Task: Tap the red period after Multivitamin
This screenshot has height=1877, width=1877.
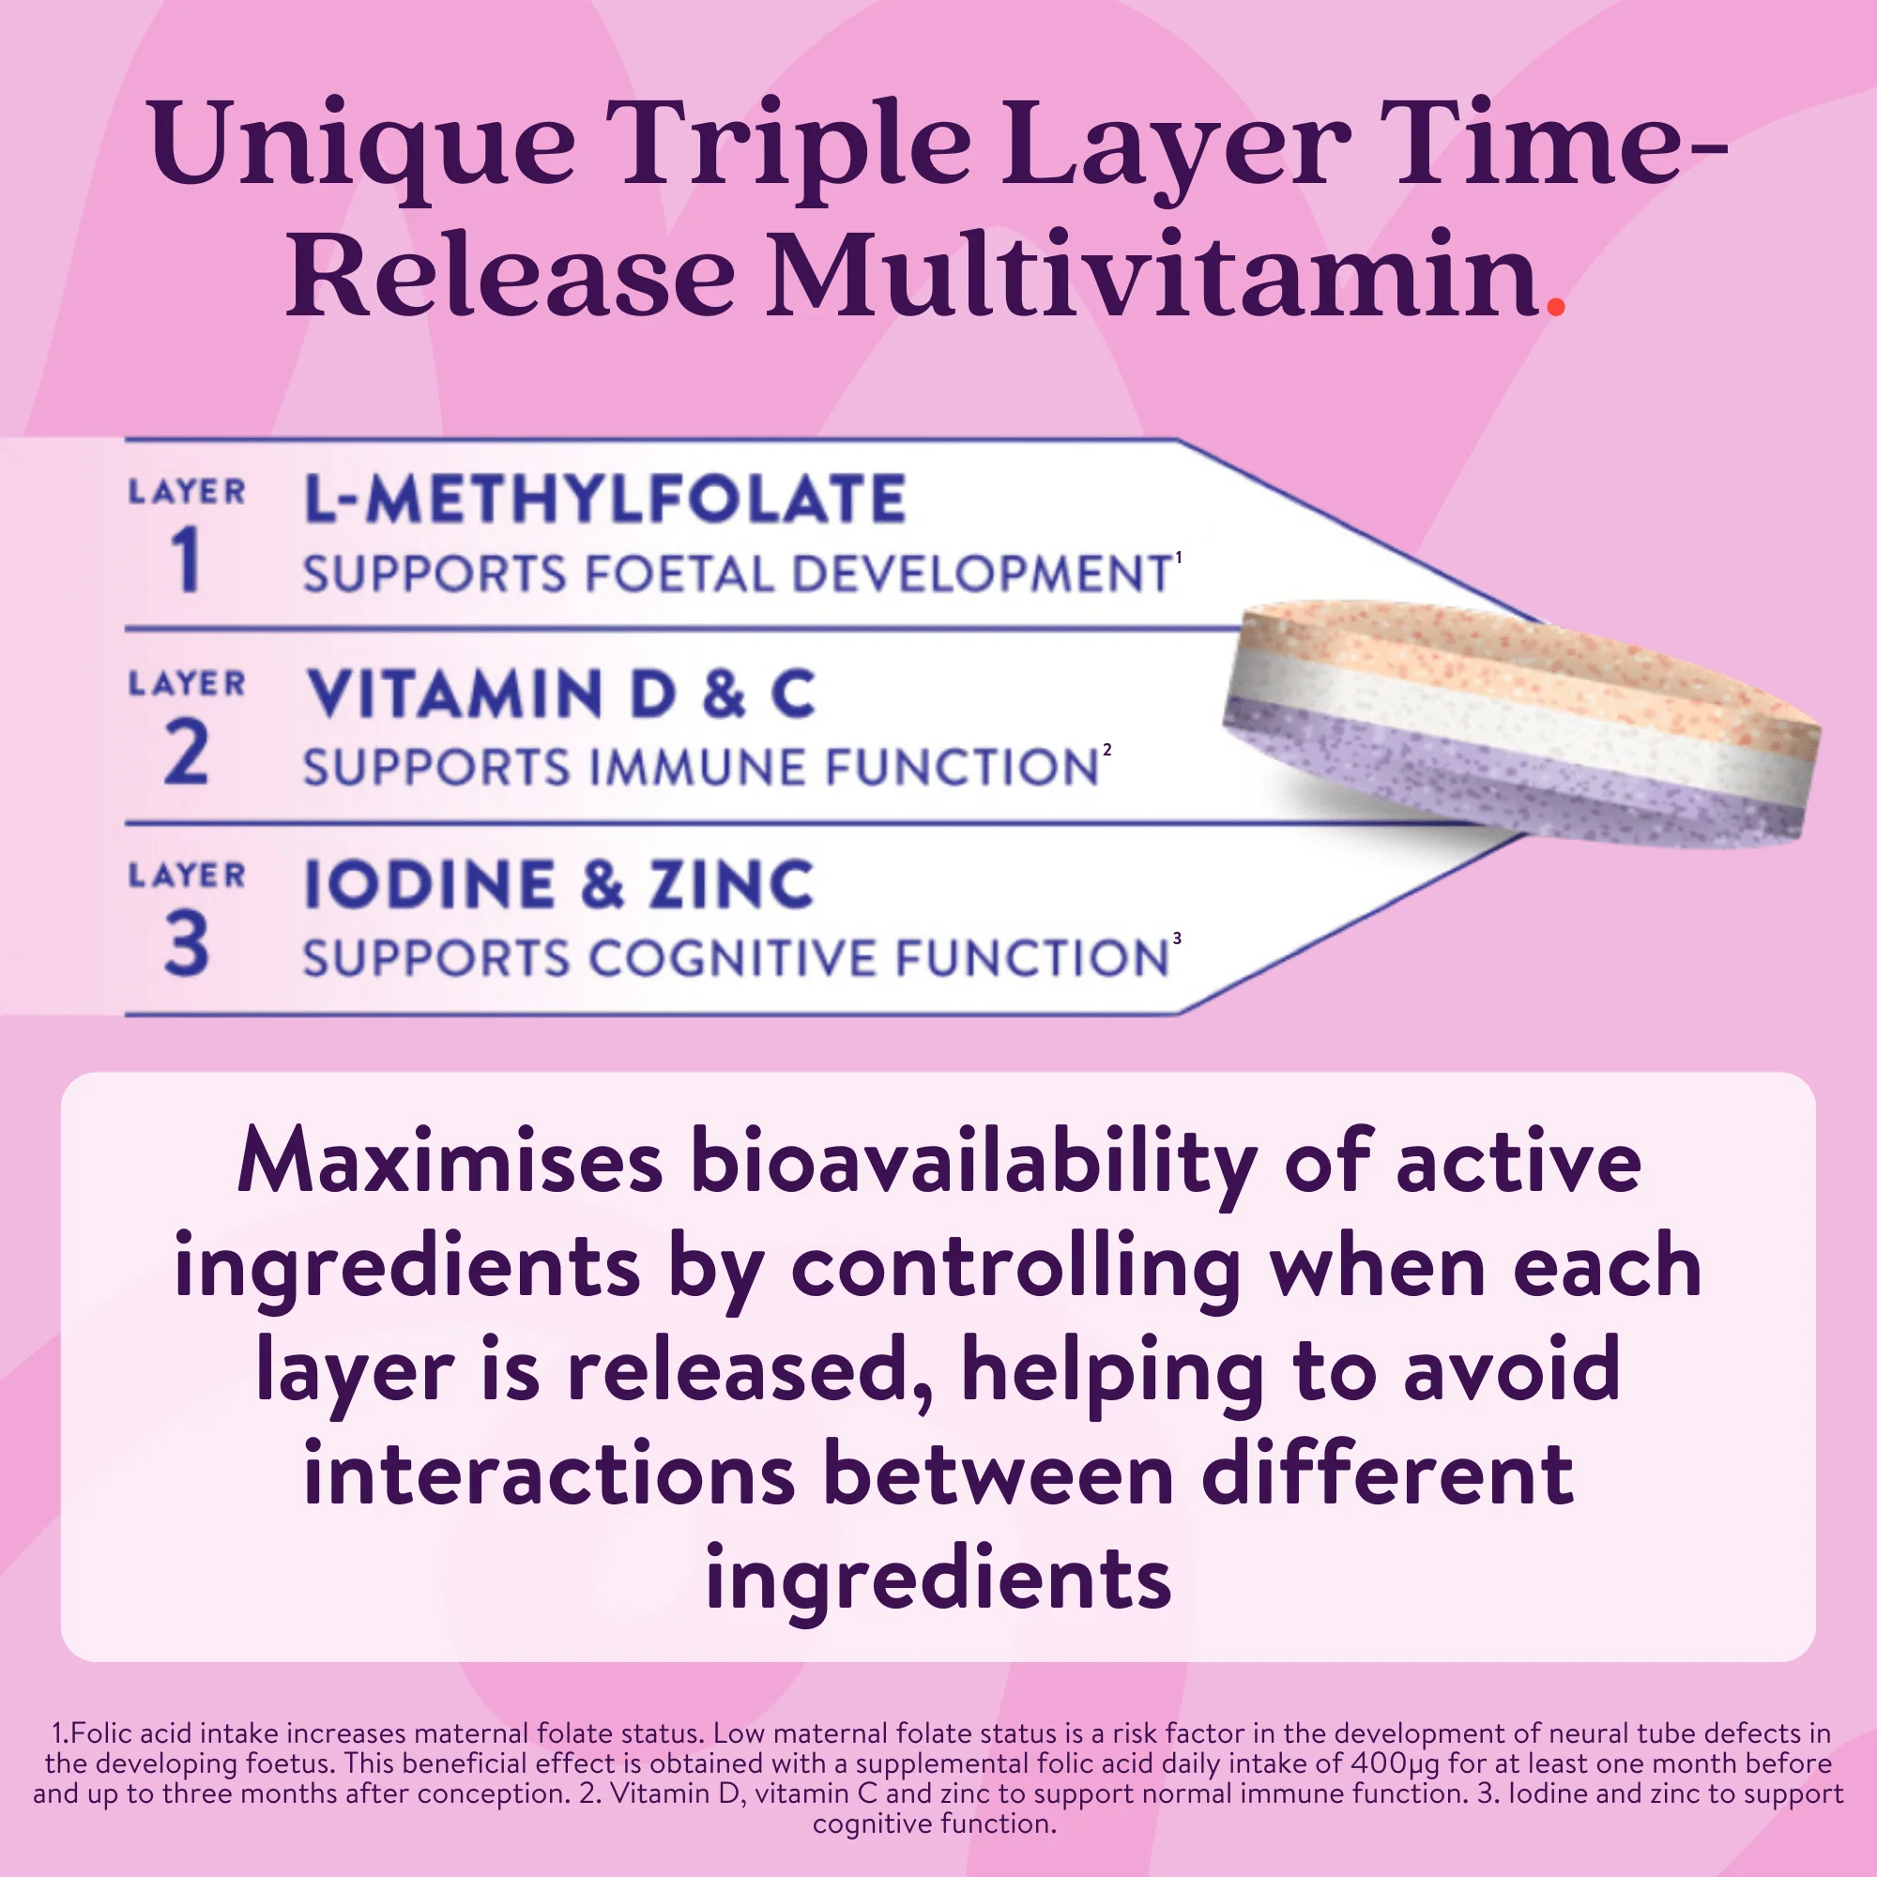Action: pos(1555,306)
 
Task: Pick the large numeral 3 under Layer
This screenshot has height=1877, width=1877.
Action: pos(187,942)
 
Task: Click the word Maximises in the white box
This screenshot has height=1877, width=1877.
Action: pos(450,1161)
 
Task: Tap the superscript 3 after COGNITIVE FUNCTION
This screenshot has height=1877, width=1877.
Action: pos(1177,938)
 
